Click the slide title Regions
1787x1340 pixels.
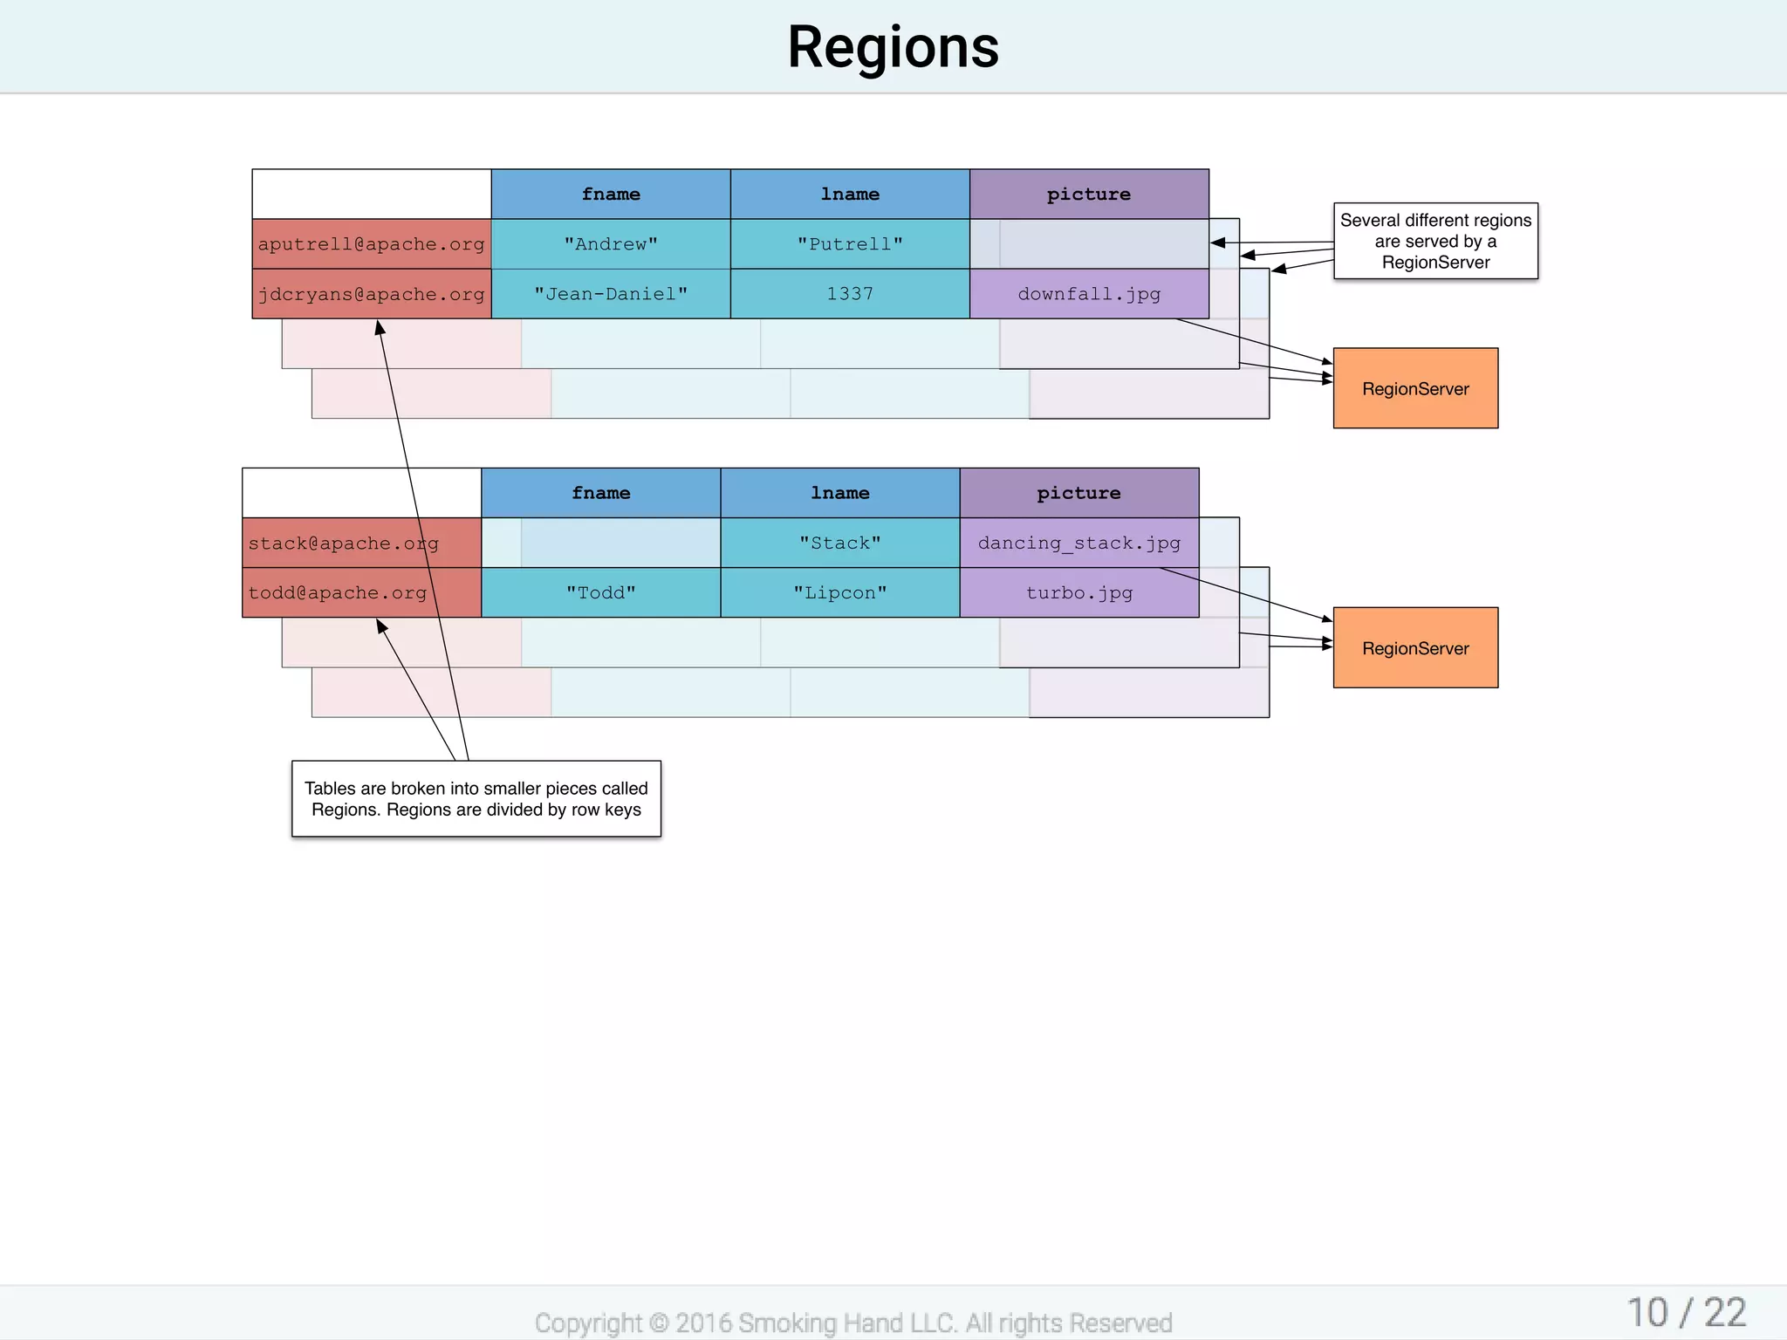coord(893,47)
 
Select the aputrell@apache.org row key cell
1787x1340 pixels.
coord(371,244)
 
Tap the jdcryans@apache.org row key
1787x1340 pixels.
coord(371,294)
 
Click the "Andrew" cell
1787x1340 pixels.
coord(611,244)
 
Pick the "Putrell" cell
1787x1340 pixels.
coord(850,244)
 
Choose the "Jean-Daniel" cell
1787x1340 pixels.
coord(611,294)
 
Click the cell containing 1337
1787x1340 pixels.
coord(850,294)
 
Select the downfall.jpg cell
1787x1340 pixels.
coord(1089,294)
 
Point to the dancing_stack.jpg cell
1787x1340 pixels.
coord(1079,543)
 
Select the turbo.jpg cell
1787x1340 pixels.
coord(1079,593)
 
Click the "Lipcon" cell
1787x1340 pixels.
coord(840,593)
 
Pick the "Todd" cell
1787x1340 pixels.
coord(601,593)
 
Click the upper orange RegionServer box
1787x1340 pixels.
coord(1415,388)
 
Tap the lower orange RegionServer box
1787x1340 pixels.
coord(1415,647)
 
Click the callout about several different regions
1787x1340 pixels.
coord(1435,241)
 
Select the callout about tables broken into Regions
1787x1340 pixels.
coord(476,798)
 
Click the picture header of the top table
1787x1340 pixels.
coord(1089,194)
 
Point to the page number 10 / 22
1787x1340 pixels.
coord(1686,1312)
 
